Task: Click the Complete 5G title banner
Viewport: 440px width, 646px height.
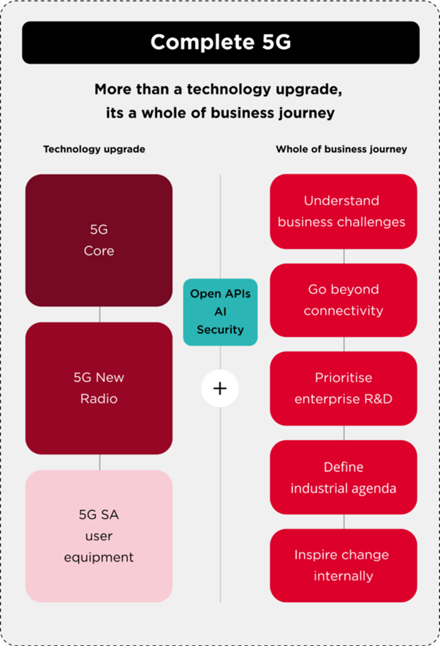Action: (x=220, y=42)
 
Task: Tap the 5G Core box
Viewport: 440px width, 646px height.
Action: (x=99, y=240)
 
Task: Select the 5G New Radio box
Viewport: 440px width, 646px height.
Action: (x=99, y=388)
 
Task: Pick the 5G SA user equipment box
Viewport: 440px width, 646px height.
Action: (x=99, y=536)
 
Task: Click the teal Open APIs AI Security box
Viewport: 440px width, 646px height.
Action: (x=220, y=311)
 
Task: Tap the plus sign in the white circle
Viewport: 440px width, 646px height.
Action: (x=220, y=389)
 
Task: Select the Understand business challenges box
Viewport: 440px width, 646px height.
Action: (x=343, y=211)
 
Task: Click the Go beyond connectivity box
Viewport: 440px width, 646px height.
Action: (x=343, y=300)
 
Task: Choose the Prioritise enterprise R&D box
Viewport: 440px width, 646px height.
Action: (x=343, y=388)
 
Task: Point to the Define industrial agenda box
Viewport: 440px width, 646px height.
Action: (x=343, y=477)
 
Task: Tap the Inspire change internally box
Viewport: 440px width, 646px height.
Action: (x=343, y=565)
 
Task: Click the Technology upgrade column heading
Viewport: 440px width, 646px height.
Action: (x=94, y=149)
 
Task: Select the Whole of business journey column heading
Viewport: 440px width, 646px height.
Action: (x=341, y=149)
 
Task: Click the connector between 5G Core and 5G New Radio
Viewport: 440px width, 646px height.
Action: (x=99, y=314)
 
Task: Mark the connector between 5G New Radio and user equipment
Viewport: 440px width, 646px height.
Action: (x=99, y=462)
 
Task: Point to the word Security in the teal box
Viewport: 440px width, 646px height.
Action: (x=220, y=330)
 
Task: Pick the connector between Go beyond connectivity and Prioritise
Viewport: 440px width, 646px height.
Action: (x=344, y=344)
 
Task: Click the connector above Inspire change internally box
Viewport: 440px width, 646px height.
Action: (x=344, y=521)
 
